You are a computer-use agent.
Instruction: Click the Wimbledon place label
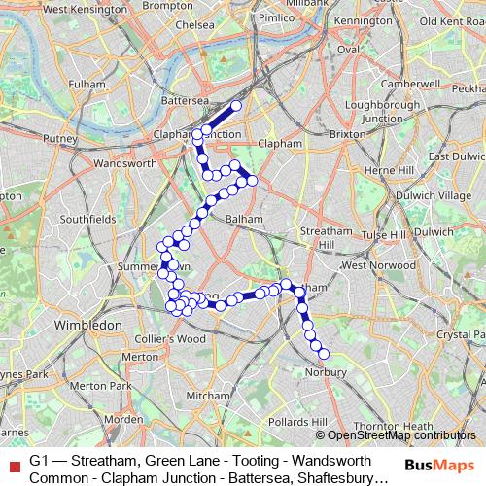[x=87, y=323]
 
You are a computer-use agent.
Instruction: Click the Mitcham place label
[x=207, y=396]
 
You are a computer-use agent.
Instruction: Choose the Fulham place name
[x=87, y=86]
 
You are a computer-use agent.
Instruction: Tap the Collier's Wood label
[x=170, y=339]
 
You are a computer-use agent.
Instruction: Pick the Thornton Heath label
[x=394, y=426]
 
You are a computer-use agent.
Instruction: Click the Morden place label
[x=122, y=419]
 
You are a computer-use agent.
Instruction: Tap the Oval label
[x=349, y=49]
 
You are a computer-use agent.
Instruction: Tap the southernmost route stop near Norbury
[x=324, y=354]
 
